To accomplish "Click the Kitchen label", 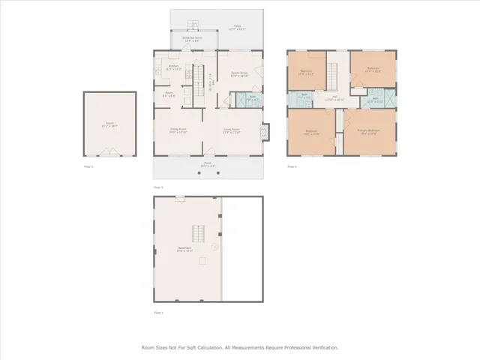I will [174, 66].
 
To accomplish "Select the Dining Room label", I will [177, 129].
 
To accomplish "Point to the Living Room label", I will [231, 129].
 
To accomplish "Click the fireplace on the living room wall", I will [263, 132].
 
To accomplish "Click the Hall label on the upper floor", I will [334, 97].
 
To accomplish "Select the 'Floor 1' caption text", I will [158, 311].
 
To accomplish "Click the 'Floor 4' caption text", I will [292, 166].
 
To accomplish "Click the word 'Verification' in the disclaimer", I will [322, 347].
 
